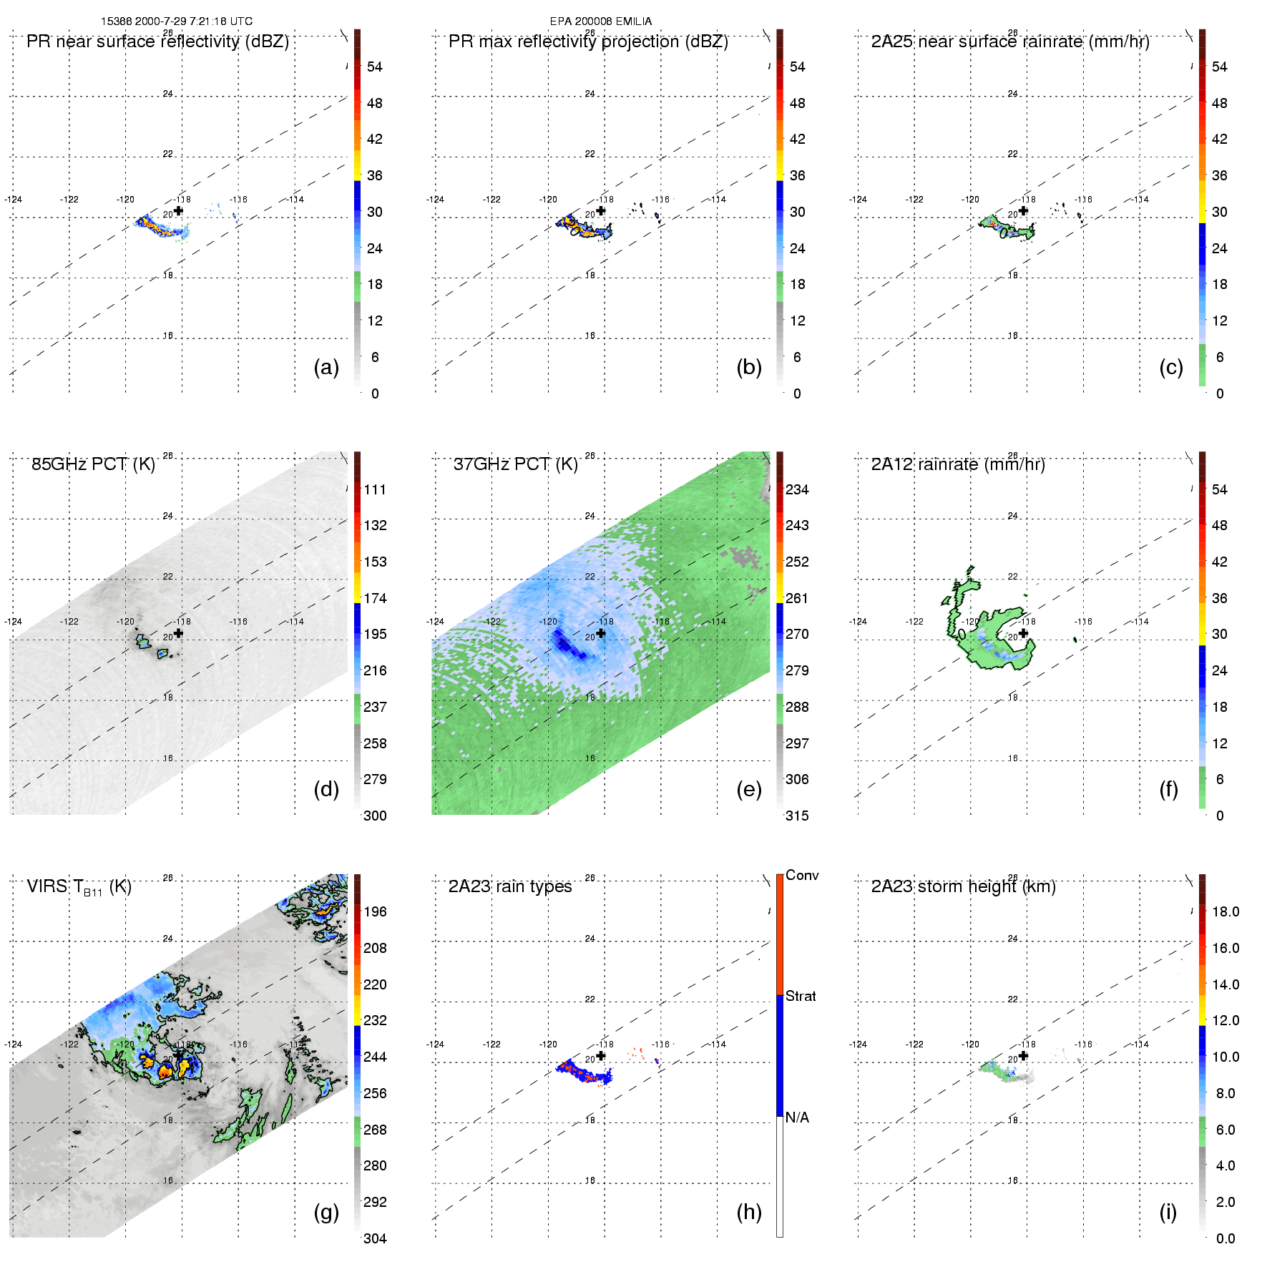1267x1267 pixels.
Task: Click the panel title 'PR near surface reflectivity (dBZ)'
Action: coord(157,41)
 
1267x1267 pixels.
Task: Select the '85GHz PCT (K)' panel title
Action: coord(93,464)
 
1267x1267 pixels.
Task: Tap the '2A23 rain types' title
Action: coord(510,886)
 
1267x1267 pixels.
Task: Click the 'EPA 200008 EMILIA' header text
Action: coord(601,21)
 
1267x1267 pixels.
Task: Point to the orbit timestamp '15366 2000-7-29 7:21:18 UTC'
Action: coord(177,21)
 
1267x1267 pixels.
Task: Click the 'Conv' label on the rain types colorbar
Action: coord(802,876)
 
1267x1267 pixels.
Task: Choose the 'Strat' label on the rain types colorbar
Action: coord(801,997)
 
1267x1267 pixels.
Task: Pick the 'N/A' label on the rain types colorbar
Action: coord(797,1117)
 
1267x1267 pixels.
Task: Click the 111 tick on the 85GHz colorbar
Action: coord(375,490)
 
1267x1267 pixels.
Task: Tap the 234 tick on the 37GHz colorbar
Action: coord(797,490)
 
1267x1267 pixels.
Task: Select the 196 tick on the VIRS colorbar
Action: coord(375,912)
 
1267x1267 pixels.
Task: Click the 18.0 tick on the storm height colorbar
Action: coord(1226,912)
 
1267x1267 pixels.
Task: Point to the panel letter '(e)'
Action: coord(749,789)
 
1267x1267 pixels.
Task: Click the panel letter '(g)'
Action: coord(326,1211)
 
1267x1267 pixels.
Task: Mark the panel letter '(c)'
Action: coord(1171,367)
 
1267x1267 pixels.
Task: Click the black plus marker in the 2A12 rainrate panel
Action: coord(1024,633)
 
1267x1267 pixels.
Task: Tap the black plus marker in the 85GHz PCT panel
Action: coord(179,633)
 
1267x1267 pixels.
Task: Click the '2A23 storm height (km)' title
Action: coord(963,886)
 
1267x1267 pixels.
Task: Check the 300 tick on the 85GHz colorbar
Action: coord(375,816)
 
